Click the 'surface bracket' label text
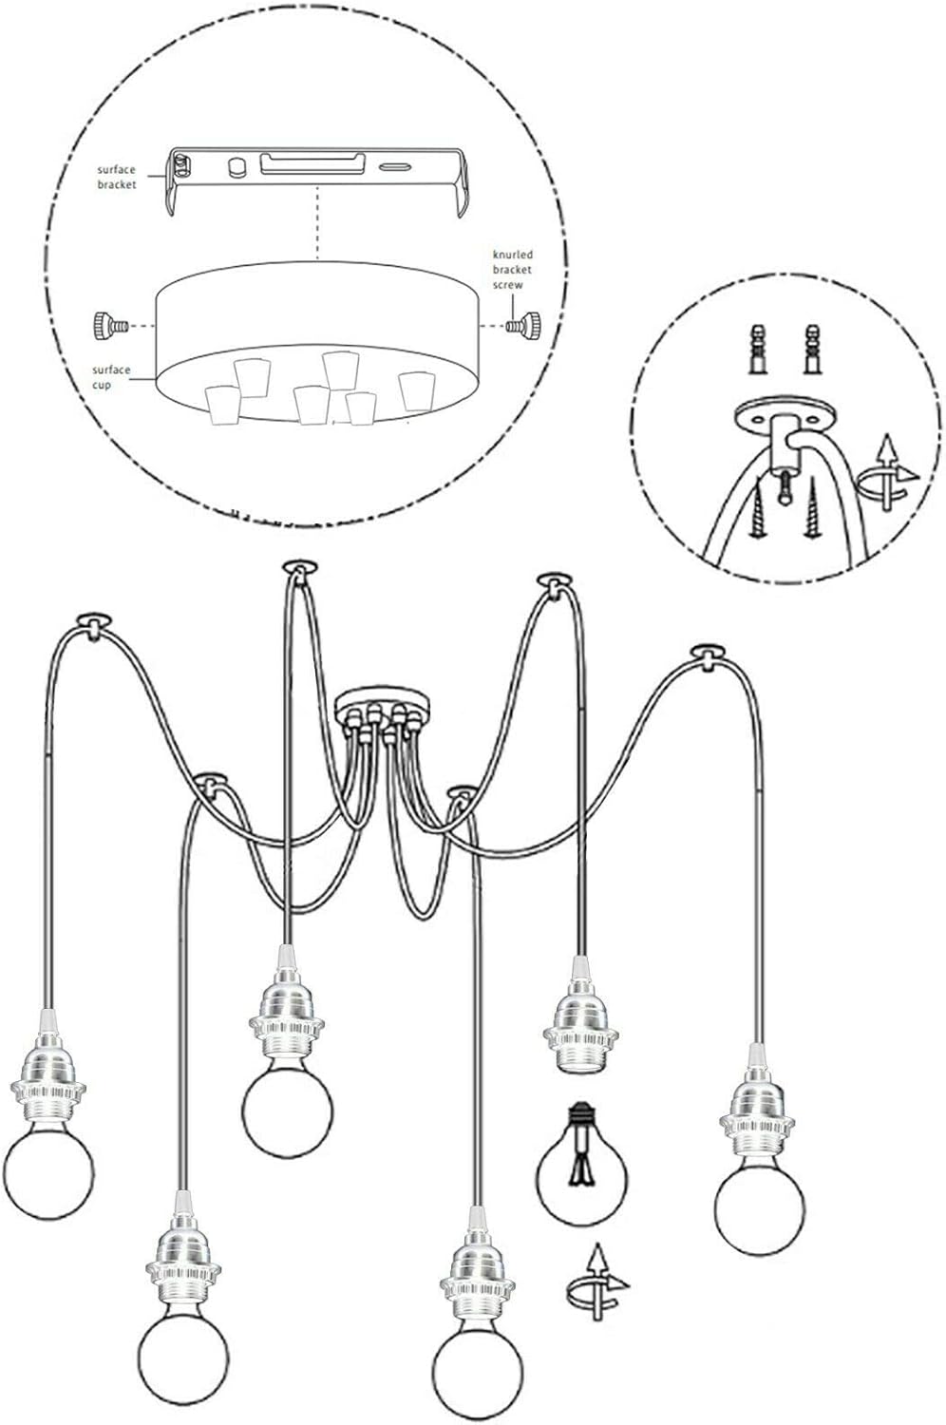[117, 178]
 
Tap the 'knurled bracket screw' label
[513, 270]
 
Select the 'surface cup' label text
[111, 377]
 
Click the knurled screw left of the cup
[111, 327]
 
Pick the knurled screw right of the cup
[525, 327]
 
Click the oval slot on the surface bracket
[396, 168]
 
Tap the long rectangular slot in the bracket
[312, 162]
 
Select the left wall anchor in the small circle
[757, 350]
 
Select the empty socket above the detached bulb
[580, 1014]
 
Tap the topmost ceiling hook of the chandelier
[298, 568]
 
